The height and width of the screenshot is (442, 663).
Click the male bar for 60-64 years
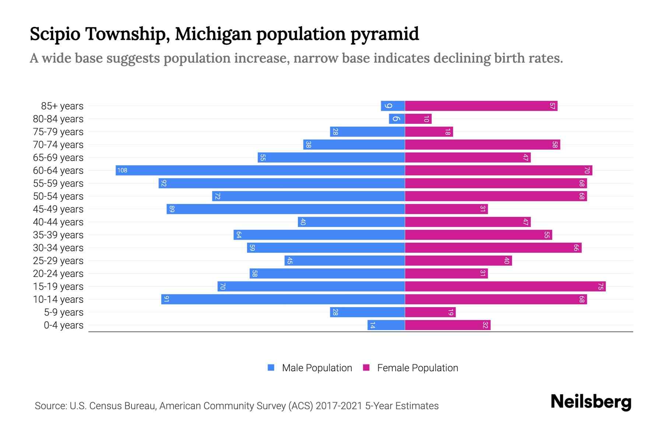(260, 170)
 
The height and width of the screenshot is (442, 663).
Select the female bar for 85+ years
(481, 106)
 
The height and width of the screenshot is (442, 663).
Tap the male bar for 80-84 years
(397, 119)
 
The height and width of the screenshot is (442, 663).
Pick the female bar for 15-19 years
(505, 287)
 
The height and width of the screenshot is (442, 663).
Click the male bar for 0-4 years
(386, 325)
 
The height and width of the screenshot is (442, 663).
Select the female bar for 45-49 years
(446, 209)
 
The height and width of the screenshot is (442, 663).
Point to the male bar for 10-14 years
(283, 299)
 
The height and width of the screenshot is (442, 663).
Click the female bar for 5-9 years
(430, 312)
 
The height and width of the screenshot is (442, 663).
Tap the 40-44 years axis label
(58, 222)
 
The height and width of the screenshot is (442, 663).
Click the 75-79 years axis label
(58, 132)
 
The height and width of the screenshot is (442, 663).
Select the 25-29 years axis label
(58, 261)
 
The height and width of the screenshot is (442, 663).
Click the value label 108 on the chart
(122, 170)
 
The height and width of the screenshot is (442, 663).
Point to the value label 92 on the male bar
(164, 183)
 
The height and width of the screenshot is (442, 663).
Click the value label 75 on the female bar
(600, 287)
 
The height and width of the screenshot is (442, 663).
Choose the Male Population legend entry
(317, 368)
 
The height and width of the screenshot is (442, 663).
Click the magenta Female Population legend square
(366, 368)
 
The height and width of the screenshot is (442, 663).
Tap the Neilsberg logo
(591, 402)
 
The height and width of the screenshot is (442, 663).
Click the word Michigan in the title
(213, 34)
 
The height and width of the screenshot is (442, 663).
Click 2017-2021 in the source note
(338, 406)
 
